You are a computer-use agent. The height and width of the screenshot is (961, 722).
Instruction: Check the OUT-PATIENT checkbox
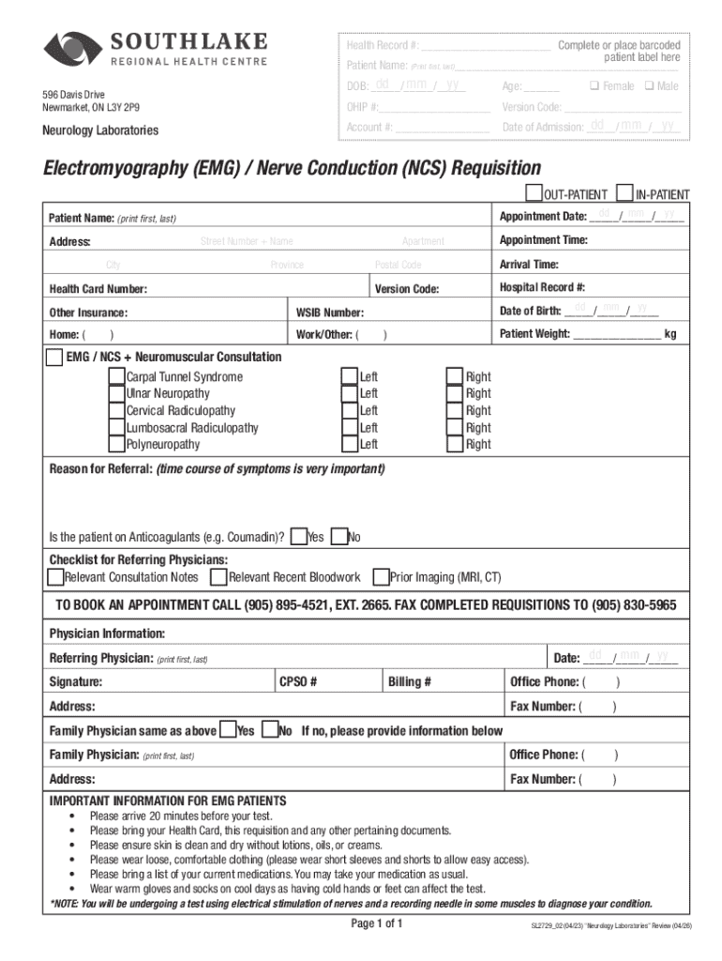click(534, 193)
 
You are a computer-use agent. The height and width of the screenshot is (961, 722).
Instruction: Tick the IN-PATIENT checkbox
click(624, 193)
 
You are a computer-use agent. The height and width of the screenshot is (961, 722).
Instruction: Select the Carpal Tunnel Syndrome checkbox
click(116, 376)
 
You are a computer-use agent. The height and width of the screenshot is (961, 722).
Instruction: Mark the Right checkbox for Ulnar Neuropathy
click(455, 393)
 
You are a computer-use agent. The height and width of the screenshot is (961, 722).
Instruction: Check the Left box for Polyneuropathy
click(349, 444)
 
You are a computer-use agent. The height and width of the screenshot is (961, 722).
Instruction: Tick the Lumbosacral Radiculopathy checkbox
click(116, 427)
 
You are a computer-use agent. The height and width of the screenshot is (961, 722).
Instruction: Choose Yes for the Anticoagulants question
click(298, 537)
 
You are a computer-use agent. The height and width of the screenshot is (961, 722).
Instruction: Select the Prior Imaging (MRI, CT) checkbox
click(381, 576)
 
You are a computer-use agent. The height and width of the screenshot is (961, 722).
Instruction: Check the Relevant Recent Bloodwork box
click(218, 576)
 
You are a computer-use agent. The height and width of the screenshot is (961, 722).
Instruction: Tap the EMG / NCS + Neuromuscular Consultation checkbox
click(55, 357)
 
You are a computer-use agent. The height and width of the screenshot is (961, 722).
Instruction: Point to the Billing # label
click(410, 682)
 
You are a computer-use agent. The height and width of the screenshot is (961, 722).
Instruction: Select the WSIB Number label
click(330, 313)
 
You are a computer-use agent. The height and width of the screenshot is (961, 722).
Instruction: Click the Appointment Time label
click(544, 240)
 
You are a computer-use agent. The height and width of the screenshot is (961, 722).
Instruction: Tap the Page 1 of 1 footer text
click(375, 923)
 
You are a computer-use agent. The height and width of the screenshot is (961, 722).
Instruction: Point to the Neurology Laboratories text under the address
click(99, 130)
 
